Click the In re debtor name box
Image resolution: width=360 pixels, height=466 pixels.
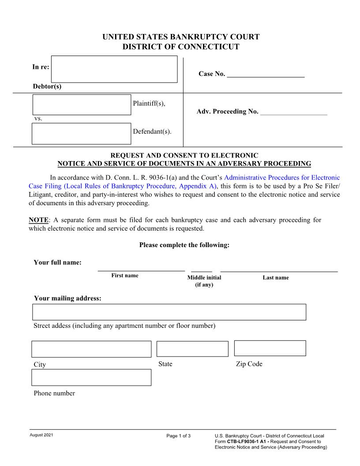pos(114,69)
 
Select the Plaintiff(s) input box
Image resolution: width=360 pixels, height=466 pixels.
pos(82,105)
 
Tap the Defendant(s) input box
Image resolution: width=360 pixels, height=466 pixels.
pos(82,134)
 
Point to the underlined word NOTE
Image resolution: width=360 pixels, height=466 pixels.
pos(38,220)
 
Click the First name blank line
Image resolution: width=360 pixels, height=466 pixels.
pos(141,268)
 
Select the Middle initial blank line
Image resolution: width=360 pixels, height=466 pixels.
pos(201,268)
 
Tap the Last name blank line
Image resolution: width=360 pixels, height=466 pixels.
pos(279,268)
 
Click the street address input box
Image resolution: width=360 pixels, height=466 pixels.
pos(169,312)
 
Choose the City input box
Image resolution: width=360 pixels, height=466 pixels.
pos(91,349)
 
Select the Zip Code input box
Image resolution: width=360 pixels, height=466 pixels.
pos(270,348)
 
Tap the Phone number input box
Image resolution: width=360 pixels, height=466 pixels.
pos(91,377)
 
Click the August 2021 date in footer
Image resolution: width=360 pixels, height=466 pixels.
pos(41,436)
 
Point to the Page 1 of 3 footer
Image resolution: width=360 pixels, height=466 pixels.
pos(179,436)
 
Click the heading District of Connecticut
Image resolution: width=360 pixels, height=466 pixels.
pos(180,47)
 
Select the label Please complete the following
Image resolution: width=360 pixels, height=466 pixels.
pos(184,245)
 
